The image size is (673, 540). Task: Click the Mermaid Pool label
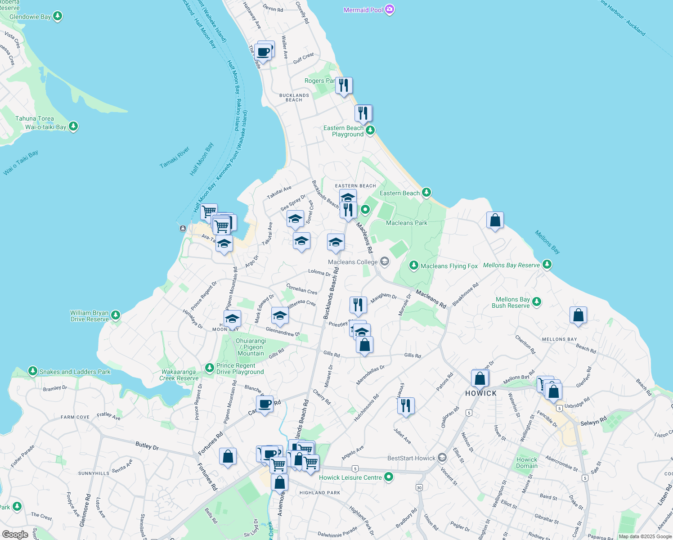coord(363,10)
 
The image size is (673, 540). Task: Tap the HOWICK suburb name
coord(481,393)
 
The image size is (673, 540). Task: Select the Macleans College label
coord(353,262)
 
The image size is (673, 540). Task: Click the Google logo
coord(15,534)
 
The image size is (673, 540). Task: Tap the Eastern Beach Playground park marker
coord(370,130)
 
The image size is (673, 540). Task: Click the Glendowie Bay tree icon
coord(57,17)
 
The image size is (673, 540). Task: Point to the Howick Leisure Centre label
coord(350,477)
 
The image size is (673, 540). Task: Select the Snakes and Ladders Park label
coord(75,372)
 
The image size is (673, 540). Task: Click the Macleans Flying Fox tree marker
coord(414,265)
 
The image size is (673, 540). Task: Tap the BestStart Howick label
coord(411,458)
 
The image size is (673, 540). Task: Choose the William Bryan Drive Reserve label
coord(89,316)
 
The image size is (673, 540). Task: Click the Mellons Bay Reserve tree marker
coord(547,265)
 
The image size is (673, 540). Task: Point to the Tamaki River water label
coord(175,157)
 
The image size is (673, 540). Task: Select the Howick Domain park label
coord(527,463)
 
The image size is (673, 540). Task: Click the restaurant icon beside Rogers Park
coord(344,85)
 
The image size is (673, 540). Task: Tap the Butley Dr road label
coord(147,446)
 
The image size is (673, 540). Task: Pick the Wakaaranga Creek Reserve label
coord(179,375)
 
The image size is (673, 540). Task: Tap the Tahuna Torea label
coord(35,118)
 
